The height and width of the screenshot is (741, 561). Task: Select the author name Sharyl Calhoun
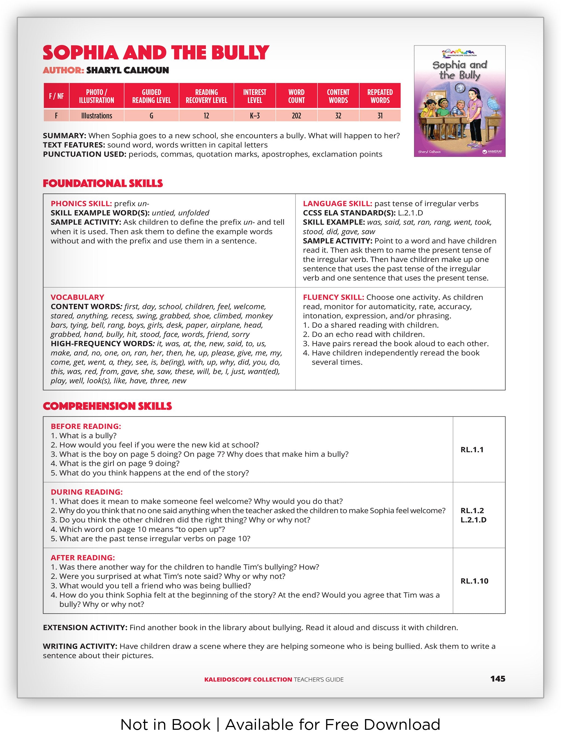(127, 70)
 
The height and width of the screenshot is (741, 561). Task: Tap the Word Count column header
(296, 96)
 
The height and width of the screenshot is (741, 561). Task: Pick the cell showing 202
(296, 116)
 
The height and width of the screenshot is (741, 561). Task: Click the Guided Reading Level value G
(151, 116)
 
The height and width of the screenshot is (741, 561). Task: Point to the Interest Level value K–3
(254, 116)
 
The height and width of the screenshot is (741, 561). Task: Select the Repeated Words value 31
(380, 116)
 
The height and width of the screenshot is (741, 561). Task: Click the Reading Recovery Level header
(206, 96)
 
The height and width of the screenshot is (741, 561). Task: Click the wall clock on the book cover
(460, 88)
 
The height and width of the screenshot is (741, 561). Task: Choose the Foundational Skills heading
(103, 184)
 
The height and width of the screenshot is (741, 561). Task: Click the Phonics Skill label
(81, 204)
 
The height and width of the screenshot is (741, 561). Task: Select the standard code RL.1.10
(474, 581)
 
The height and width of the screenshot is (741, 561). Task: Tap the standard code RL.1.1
(472, 450)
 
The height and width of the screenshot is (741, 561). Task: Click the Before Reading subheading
(86, 427)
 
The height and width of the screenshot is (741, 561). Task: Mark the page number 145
(498, 679)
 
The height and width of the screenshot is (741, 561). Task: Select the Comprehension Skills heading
(107, 406)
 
